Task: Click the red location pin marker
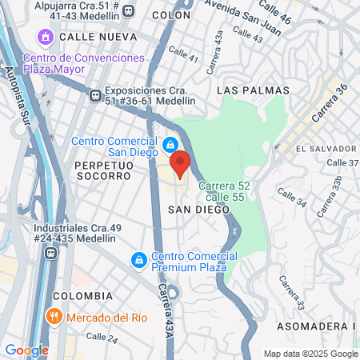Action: point(180,163)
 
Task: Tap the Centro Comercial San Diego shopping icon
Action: point(170,145)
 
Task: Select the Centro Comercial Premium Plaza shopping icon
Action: point(139,261)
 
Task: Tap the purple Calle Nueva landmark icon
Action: point(45,38)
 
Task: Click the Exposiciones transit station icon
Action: point(96,94)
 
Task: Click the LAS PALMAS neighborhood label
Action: point(250,91)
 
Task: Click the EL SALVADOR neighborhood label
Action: point(325,149)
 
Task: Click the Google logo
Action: point(26,350)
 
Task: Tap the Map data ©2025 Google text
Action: point(311,354)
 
